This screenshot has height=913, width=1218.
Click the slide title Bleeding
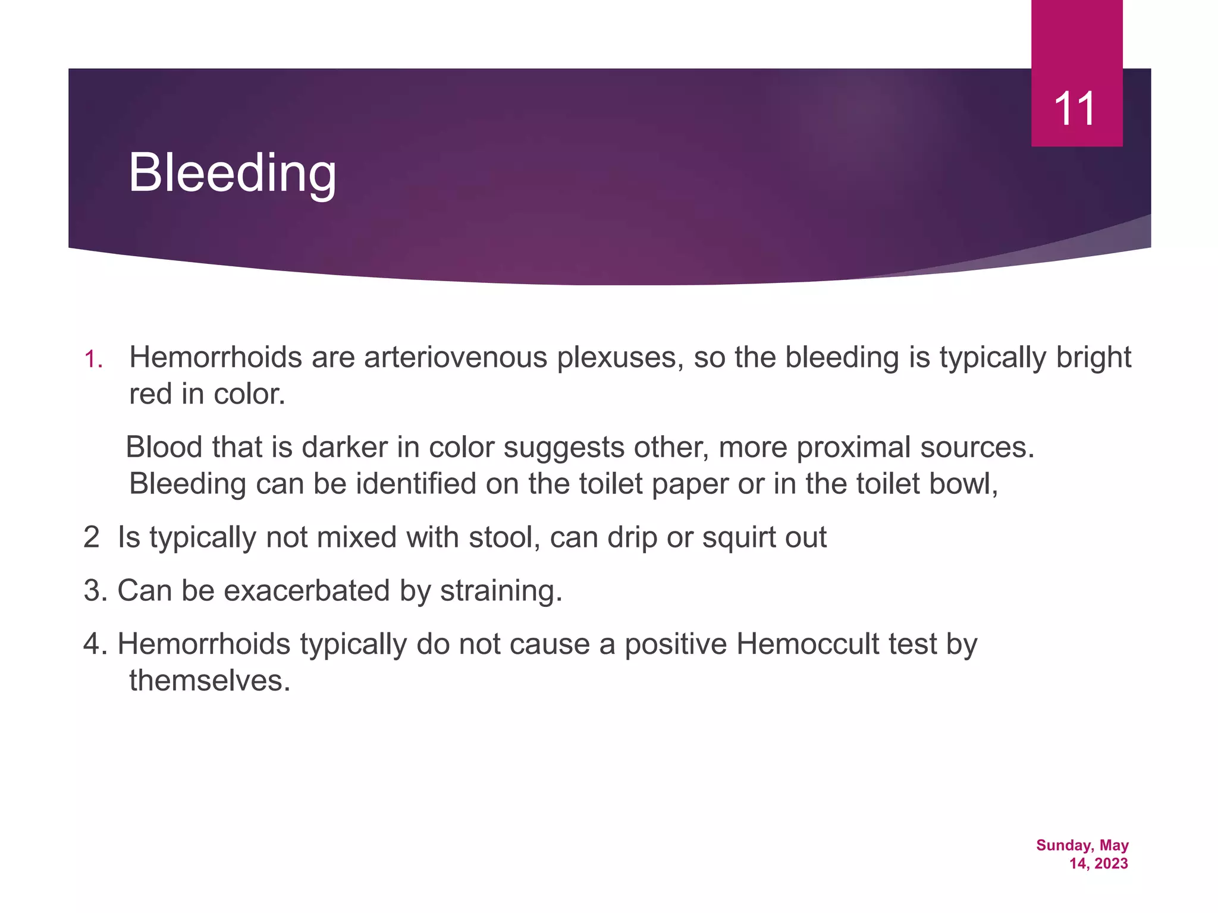pyautogui.click(x=232, y=173)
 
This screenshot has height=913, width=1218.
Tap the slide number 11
pyautogui.click(x=1075, y=109)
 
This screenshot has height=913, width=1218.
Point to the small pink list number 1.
pyautogui.click(x=93, y=360)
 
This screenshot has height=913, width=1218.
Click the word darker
pyautogui.click(x=344, y=447)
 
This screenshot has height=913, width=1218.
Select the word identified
pyautogui.click(x=416, y=483)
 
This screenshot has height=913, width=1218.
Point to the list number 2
pyautogui.click(x=91, y=537)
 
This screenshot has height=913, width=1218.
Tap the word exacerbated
pyautogui.click(x=306, y=591)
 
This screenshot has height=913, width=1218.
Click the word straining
pyautogui.click(x=500, y=591)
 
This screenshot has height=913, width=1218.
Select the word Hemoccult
pyautogui.click(x=807, y=644)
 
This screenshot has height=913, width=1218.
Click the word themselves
pyautogui.click(x=209, y=681)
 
